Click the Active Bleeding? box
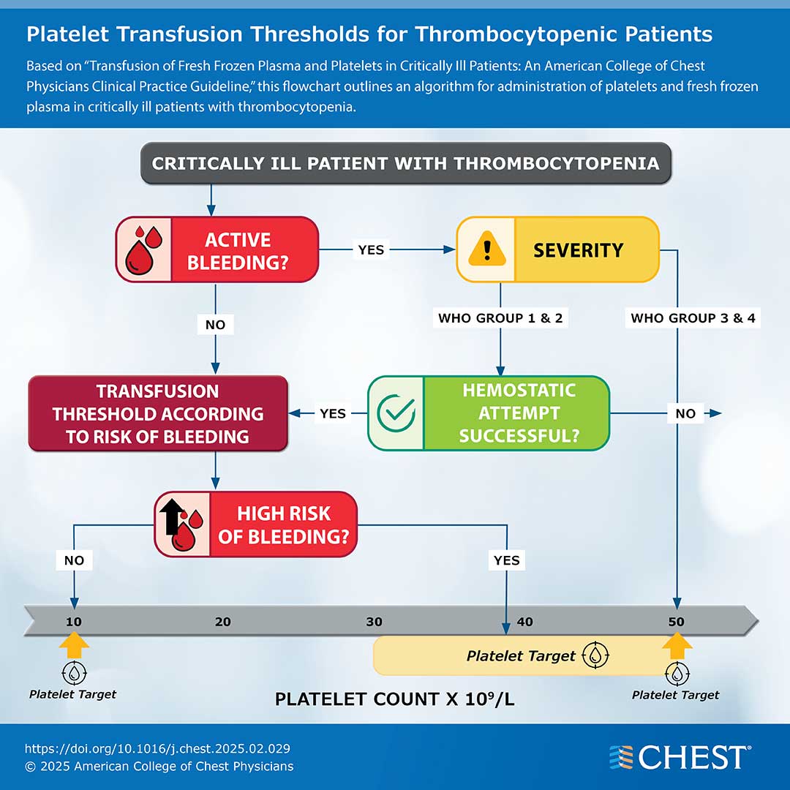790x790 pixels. (217, 249)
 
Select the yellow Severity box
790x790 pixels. (557, 249)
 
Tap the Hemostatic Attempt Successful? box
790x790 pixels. (488, 413)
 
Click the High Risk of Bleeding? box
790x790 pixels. (255, 524)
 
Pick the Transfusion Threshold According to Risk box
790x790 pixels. (157, 413)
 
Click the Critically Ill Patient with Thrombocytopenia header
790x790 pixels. (405, 162)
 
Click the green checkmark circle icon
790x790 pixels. (396, 413)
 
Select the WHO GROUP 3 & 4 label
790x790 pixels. (693, 318)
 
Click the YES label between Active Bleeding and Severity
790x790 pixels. (371, 249)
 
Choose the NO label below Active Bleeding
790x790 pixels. (216, 324)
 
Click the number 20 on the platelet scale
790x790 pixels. (223, 622)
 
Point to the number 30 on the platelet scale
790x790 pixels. (374, 622)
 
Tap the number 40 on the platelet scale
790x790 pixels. (524, 622)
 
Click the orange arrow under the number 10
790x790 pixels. (74, 646)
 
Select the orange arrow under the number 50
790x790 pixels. (677, 646)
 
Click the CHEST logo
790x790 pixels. (680, 758)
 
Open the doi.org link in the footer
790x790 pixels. (157, 748)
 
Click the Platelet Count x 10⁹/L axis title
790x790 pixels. (394, 699)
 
